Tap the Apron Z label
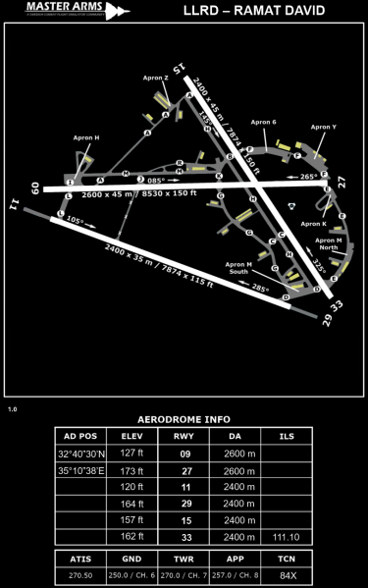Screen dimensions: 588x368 (153, 78)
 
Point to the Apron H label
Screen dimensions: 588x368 (86, 138)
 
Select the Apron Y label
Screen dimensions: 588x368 (323, 127)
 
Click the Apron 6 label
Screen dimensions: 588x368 (264, 122)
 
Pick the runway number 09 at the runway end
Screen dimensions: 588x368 (35, 187)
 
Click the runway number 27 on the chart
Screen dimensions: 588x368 (342, 181)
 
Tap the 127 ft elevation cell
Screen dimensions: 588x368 (131, 453)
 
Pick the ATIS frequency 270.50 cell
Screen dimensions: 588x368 (81, 575)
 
